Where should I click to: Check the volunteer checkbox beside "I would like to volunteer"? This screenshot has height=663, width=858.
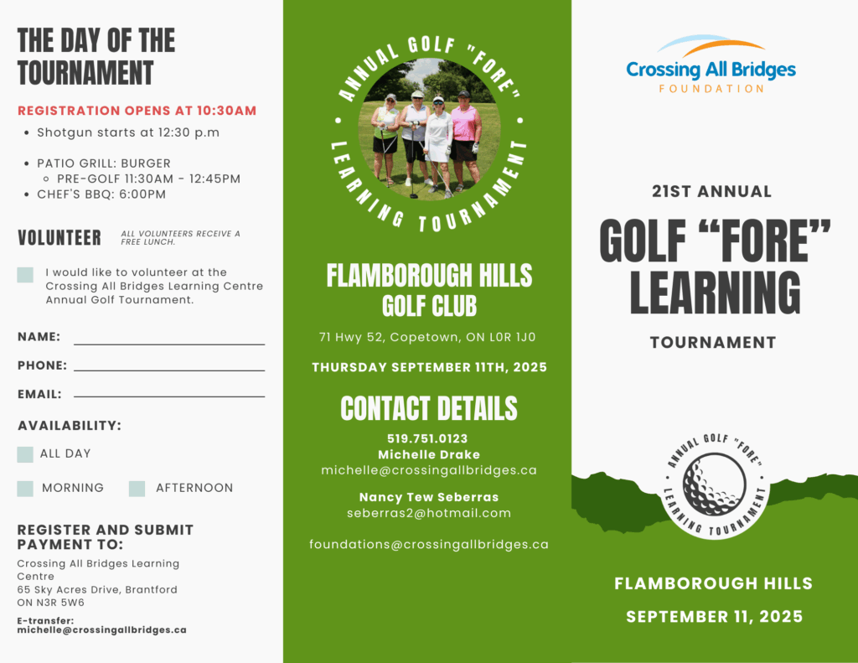coord(25,275)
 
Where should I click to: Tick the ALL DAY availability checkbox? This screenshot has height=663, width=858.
coord(25,454)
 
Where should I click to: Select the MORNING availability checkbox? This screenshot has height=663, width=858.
coord(25,489)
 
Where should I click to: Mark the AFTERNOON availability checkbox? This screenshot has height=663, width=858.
coord(137,489)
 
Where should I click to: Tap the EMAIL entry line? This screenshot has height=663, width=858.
coord(169,395)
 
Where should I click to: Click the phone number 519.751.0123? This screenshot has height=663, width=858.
coord(427,438)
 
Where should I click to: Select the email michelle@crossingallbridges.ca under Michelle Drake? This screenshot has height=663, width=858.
coord(429,470)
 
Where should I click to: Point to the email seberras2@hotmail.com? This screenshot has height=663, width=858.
coord(429,513)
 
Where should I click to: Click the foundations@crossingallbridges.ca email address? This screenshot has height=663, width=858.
coord(429,544)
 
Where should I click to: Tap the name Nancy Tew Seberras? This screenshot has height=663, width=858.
coord(429,497)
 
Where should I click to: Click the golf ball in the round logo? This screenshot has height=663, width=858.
coord(714,484)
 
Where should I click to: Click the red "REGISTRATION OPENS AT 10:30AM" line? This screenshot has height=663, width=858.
coord(137,111)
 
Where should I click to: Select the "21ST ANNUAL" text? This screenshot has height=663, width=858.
coord(711,191)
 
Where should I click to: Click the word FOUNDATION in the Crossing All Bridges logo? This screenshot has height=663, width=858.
coord(711,88)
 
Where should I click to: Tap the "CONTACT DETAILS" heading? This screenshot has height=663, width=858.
coord(429,408)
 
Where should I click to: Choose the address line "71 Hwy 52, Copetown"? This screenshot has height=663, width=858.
coord(427,338)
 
